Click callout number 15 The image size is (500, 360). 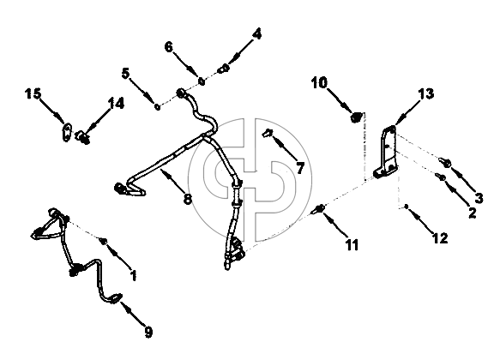pos(33,94)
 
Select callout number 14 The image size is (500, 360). pos(116,104)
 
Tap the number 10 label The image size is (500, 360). pos(320,82)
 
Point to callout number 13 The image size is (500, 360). pos(426,93)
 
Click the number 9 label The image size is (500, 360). pos(148,333)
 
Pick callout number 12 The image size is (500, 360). pos(440,237)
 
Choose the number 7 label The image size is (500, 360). pos(300,168)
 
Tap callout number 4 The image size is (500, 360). pos(256,33)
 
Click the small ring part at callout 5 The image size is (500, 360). pos(157,106)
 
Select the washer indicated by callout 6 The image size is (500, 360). pos(202,81)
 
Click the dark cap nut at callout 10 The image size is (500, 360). pos(356,117)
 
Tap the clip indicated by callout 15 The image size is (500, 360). pos(66,132)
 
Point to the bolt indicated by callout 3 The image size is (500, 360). pos(445,163)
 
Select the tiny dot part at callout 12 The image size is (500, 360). pos(407,207)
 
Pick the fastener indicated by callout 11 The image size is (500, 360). pos(319,208)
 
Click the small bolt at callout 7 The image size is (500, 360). pos(268,133)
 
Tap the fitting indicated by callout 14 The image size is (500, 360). pos(82,137)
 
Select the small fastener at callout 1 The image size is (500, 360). pos(104,241)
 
